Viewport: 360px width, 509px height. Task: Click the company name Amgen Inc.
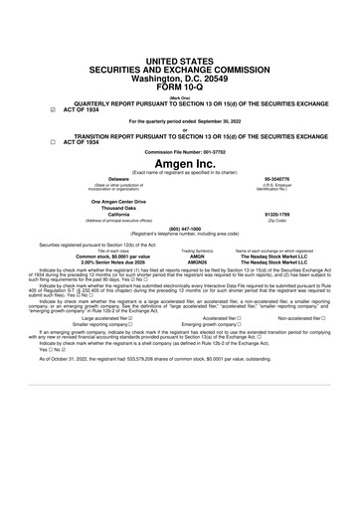[179, 162]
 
